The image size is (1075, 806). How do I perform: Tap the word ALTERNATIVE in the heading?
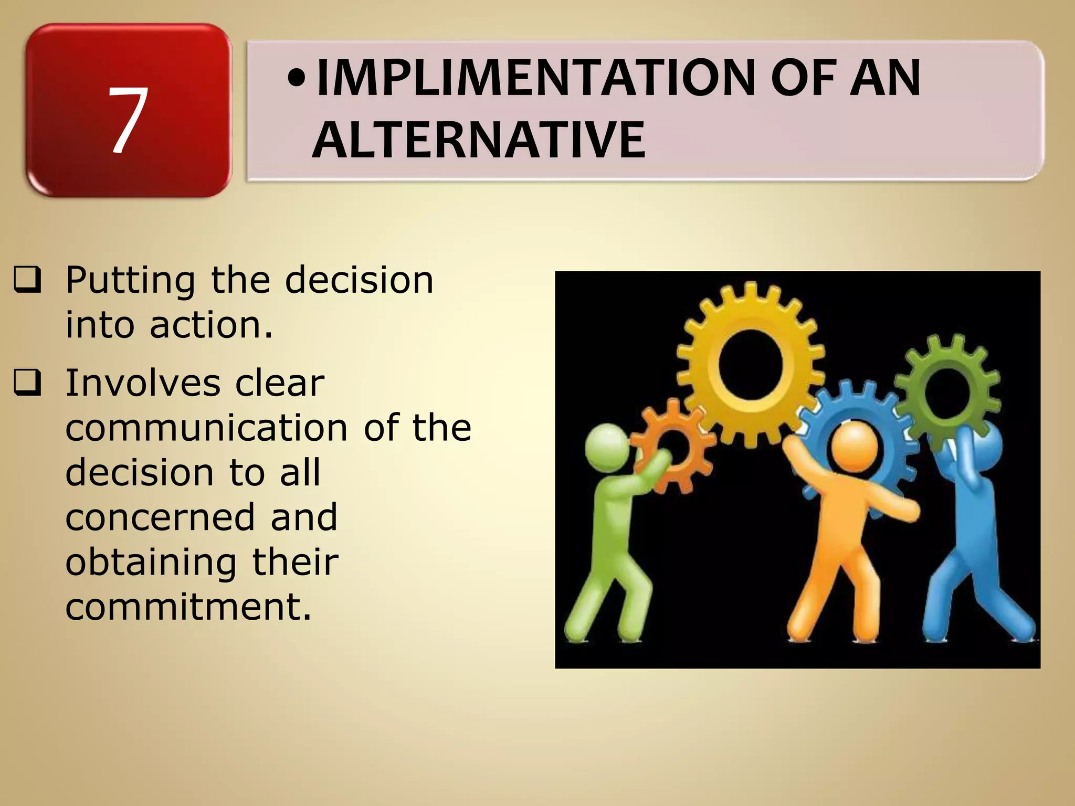[479, 140]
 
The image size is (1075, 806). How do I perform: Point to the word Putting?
[130, 281]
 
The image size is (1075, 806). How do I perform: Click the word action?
[211, 325]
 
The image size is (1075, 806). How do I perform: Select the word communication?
[206, 428]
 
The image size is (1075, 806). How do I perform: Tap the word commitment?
[188, 607]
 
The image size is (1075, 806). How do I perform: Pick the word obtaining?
[151, 563]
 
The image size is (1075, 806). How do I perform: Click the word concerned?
[160, 517]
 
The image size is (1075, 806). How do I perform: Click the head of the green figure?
[607, 447]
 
